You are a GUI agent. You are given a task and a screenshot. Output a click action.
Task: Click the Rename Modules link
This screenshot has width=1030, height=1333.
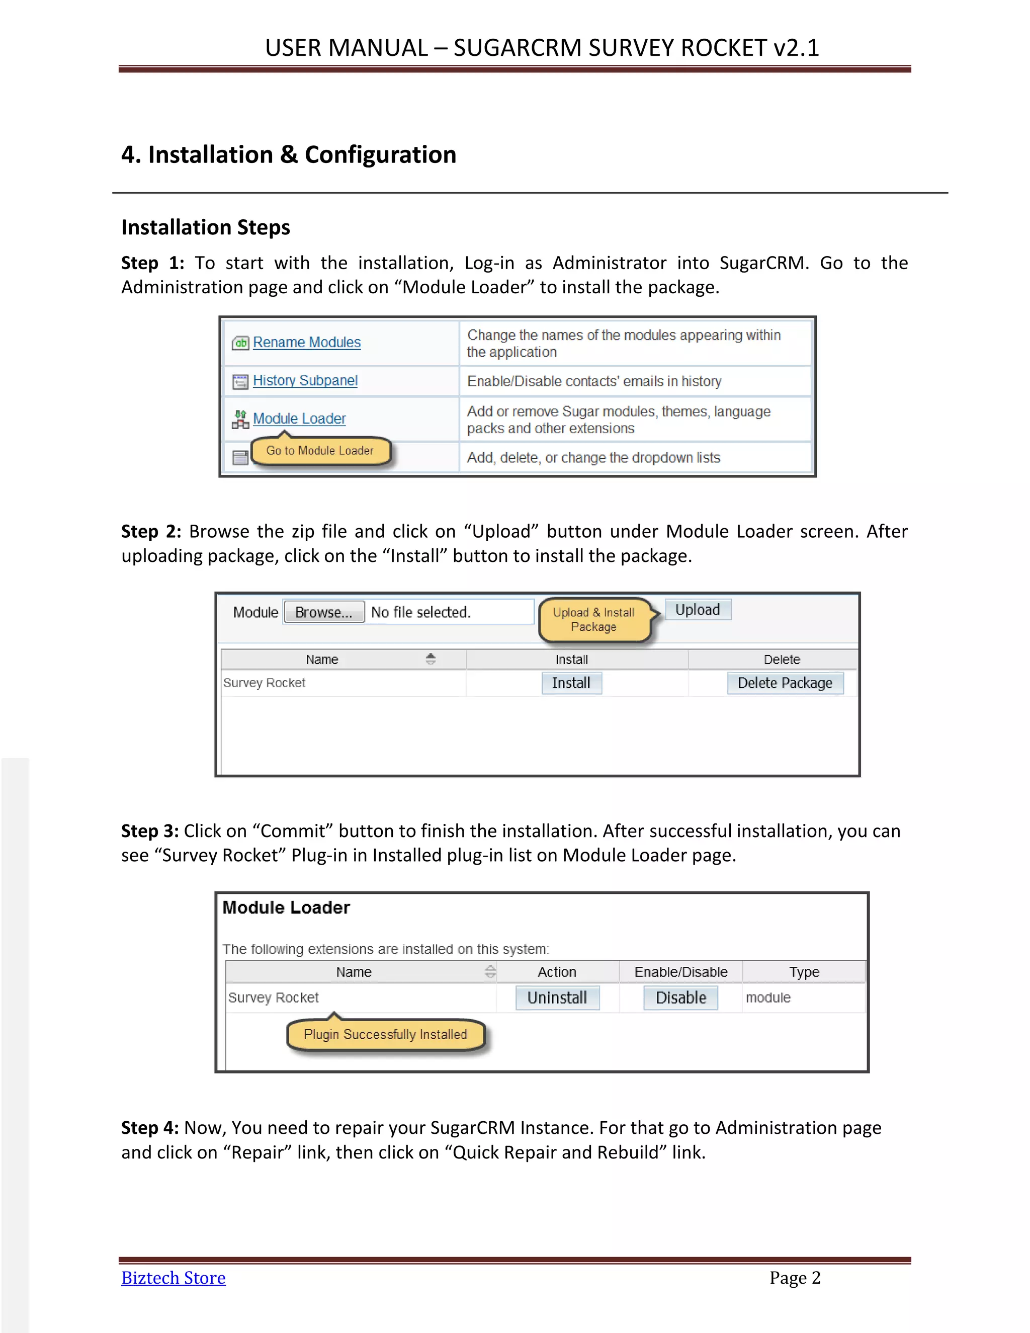tap(306, 343)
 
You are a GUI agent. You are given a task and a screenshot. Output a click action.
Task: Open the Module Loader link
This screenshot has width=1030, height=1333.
tap(299, 419)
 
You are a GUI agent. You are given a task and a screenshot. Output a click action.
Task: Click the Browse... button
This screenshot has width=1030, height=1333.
tap(323, 612)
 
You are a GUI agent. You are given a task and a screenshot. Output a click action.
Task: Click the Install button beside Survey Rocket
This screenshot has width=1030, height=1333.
tap(571, 683)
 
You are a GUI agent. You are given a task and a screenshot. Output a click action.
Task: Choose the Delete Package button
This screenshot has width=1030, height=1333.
tap(785, 683)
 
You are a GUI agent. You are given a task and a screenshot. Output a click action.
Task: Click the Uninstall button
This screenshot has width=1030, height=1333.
tap(557, 998)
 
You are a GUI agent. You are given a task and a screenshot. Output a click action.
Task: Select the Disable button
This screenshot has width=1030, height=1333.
tap(680, 998)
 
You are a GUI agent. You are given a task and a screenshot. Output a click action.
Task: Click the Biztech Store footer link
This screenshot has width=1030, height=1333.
tap(174, 1278)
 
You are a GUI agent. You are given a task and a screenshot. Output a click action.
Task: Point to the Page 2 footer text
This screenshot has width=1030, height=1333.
tap(795, 1278)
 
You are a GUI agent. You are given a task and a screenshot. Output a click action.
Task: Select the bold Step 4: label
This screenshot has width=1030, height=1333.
tap(149, 1128)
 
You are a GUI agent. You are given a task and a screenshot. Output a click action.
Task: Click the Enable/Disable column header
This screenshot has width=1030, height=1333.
tap(680, 972)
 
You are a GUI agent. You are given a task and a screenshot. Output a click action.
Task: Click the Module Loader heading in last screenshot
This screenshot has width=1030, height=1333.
tap(286, 908)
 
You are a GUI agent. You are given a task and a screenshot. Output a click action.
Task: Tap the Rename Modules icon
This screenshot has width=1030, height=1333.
tap(240, 343)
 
